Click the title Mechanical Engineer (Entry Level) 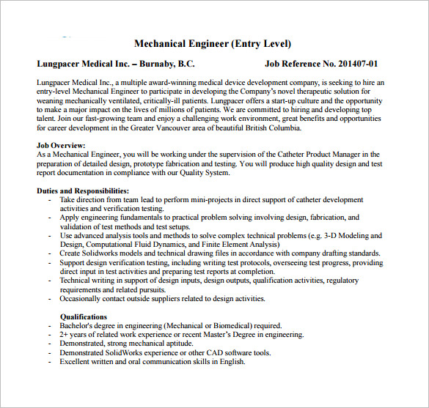click(214, 44)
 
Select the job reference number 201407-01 click(354, 64)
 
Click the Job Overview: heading click(61, 146)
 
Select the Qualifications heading click(83, 316)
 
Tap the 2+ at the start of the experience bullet click(64, 334)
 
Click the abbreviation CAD click(223, 352)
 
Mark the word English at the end click(230, 361)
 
